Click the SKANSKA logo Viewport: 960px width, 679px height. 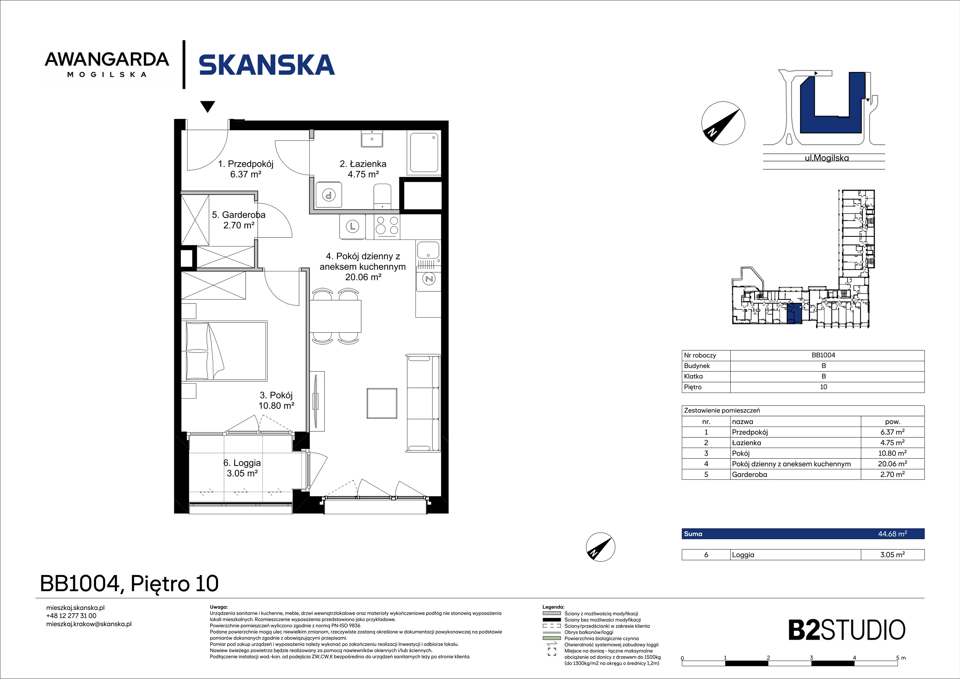tap(267, 65)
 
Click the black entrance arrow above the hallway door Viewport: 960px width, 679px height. tap(208, 107)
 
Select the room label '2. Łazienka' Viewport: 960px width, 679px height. tap(363, 164)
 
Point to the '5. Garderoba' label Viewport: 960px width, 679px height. tap(238, 215)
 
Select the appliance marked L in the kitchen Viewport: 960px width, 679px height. tap(352, 227)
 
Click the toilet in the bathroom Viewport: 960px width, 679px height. tap(382, 197)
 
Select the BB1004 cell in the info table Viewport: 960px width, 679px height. tap(823, 355)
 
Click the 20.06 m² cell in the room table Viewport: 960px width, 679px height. tap(892, 463)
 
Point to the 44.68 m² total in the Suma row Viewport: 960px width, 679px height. tap(892, 534)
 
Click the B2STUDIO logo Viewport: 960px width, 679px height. tap(847, 630)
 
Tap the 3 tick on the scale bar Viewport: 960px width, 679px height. tap(811, 658)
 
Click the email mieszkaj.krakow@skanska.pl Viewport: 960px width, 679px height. tap(88, 624)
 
